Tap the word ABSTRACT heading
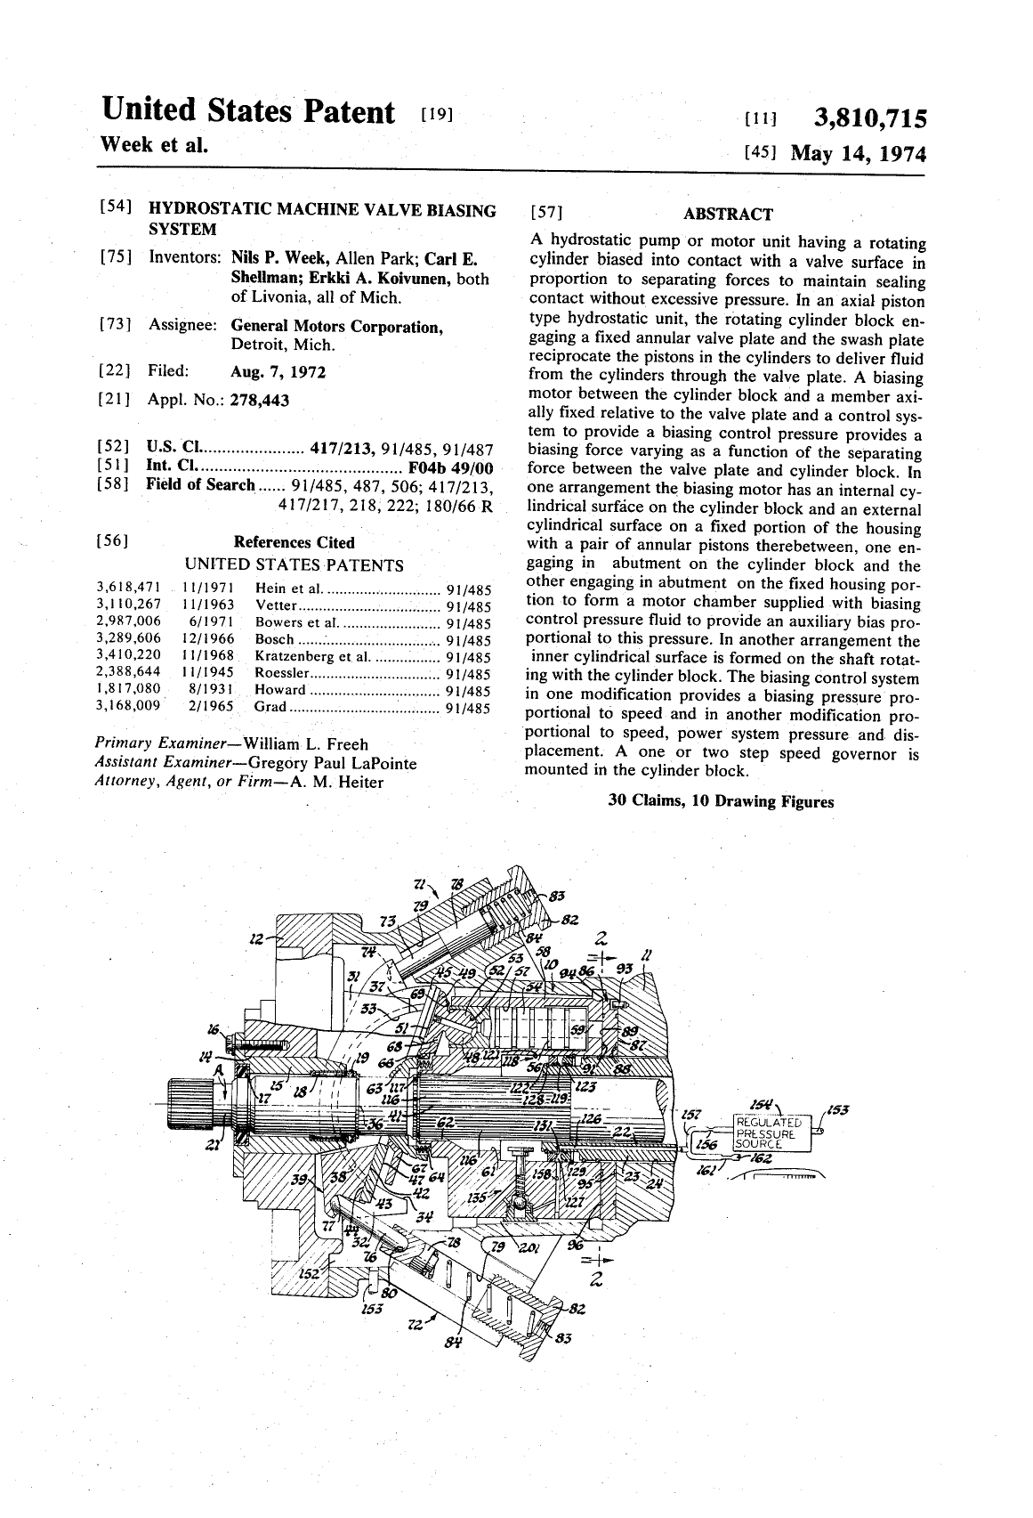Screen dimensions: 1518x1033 click(727, 214)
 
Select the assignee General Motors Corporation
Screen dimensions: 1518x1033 click(336, 327)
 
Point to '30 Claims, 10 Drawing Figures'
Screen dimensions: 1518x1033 click(721, 801)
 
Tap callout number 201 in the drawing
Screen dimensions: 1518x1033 click(529, 1246)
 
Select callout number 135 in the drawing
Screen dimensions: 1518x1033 click(479, 1197)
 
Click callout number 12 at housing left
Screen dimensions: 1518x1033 click(257, 938)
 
